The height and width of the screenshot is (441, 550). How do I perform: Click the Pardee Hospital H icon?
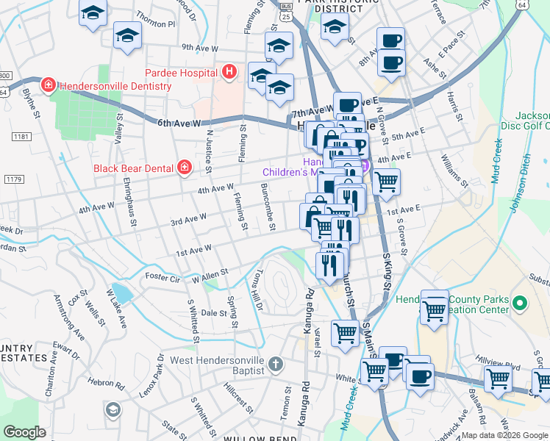(x=229, y=72)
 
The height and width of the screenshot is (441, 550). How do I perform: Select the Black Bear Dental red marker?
(x=184, y=168)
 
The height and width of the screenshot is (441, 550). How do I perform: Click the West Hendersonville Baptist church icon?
(x=274, y=363)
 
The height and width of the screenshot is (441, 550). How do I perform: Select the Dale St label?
(x=213, y=312)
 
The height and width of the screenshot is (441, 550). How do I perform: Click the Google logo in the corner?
(x=24, y=431)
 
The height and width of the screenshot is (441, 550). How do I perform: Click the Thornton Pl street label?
(x=157, y=24)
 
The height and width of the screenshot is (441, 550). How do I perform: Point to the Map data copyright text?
(x=504, y=435)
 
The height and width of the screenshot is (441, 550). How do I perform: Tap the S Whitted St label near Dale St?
(x=193, y=320)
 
